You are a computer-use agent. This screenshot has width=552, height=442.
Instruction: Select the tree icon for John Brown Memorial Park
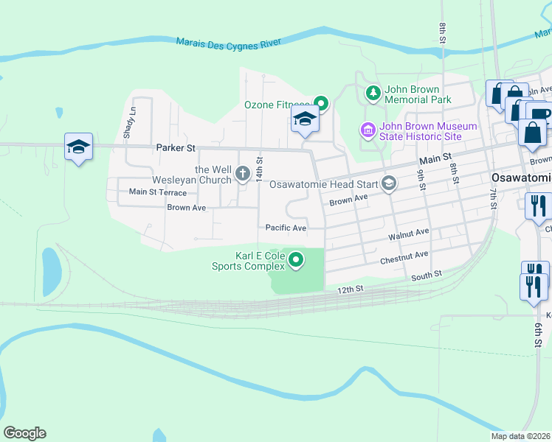(373, 93)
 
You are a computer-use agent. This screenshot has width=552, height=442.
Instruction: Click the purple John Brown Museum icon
(368, 130)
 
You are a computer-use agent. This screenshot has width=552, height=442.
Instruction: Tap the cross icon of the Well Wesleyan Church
(243, 174)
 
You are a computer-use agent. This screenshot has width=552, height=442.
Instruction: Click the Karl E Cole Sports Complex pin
(296, 259)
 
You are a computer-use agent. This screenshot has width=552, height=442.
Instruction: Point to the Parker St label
(175, 148)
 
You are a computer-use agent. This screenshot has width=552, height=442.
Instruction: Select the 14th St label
(259, 169)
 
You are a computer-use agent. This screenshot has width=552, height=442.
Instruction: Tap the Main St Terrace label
(158, 192)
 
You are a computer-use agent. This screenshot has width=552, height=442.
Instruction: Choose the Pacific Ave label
(286, 228)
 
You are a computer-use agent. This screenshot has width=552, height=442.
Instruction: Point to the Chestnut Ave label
(404, 257)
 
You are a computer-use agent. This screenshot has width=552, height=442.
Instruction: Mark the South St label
(427, 274)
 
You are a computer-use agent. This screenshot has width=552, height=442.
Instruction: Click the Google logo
(24, 433)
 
